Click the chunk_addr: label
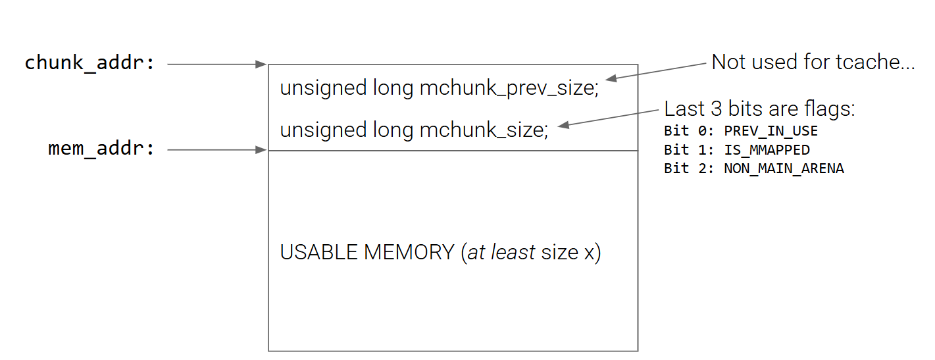[90, 63]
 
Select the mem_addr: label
[102, 149]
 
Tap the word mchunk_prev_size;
[509, 89]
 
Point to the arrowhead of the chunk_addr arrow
[262, 64]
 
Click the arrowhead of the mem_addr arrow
[262, 150]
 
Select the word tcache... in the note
[880, 63]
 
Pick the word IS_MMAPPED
[767, 149]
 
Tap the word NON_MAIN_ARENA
[784, 168]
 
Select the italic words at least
[501, 252]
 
